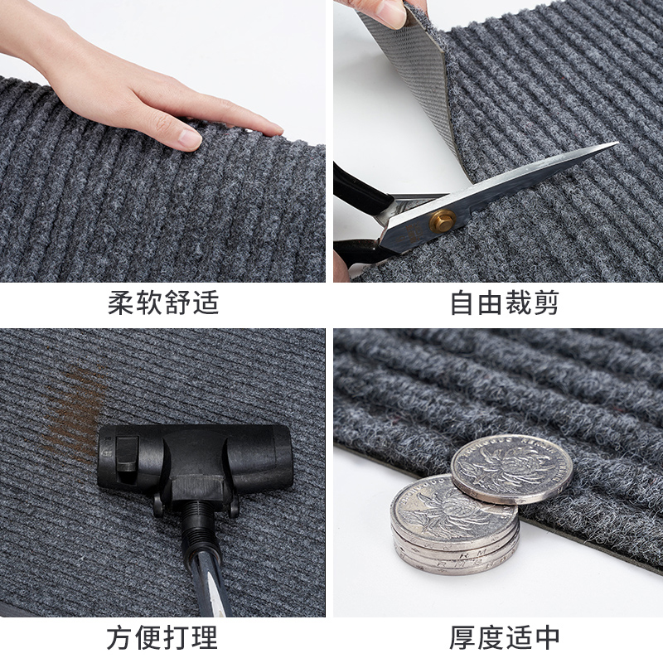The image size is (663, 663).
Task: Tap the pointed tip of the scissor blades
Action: tap(615, 144)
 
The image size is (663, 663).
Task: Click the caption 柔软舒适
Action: tap(163, 302)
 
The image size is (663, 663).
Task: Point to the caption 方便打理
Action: tap(163, 638)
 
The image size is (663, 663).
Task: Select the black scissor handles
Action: tap(356, 215)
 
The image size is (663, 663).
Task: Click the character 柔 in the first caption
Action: tap(121, 302)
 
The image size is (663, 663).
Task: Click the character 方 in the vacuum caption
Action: tap(121, 638)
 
